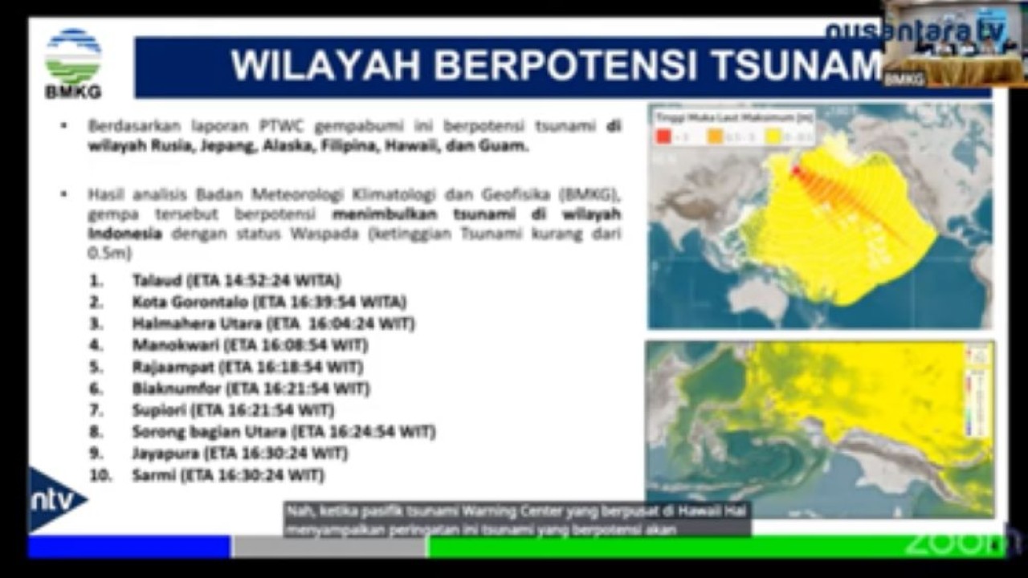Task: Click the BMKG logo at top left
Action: coord(73,63)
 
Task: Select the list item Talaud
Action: coord(157,281)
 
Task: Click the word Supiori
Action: coord(160,411)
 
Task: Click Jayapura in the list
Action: coord(166,454)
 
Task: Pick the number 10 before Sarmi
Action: coord(100,476)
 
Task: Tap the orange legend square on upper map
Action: coord(714,136)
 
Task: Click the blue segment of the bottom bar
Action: coord(128,547)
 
